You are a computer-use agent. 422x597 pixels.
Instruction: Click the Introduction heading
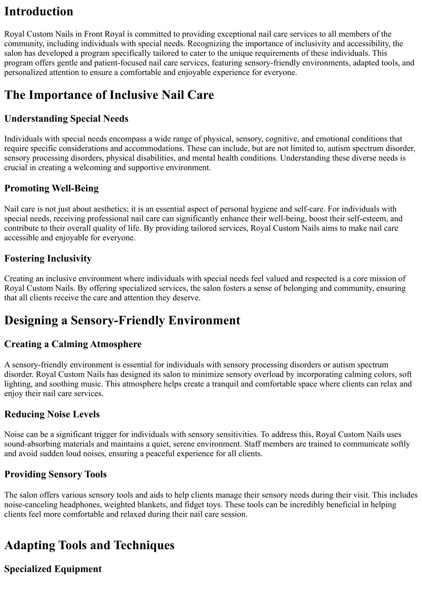39,12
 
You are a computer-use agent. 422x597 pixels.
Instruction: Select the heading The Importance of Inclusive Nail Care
109,95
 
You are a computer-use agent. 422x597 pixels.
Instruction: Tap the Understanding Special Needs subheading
66,119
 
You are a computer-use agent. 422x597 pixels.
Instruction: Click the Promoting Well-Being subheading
52,188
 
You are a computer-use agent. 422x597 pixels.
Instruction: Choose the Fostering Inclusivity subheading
48,259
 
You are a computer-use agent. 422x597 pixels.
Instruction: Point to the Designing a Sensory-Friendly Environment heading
122,320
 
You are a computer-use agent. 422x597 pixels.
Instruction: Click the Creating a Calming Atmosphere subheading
73,344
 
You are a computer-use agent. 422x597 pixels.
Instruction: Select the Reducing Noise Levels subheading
52,414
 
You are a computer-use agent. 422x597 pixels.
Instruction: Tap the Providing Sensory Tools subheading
55,475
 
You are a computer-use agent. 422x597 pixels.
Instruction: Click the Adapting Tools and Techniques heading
89,545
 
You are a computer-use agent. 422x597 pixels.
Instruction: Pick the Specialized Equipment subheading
53,569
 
